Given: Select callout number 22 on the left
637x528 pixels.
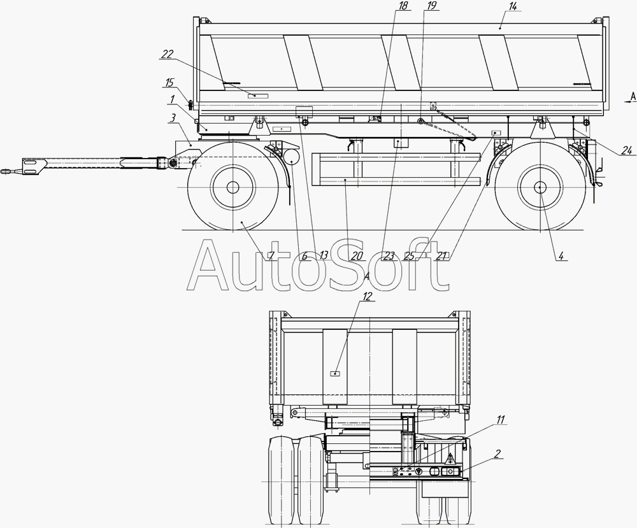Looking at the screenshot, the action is (x=168, y=54).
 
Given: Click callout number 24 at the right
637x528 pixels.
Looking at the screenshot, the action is (x=627, y=151).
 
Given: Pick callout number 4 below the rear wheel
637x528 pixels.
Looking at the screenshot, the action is (x=561, y=255).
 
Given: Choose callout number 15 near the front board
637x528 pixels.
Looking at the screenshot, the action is (x=169, y=83).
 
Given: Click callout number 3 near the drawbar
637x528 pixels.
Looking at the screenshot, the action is (x=173, y=118).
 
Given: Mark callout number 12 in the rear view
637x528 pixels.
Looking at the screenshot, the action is (x=367, y=297).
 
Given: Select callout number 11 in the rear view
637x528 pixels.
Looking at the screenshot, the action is (x=501, y=420).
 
